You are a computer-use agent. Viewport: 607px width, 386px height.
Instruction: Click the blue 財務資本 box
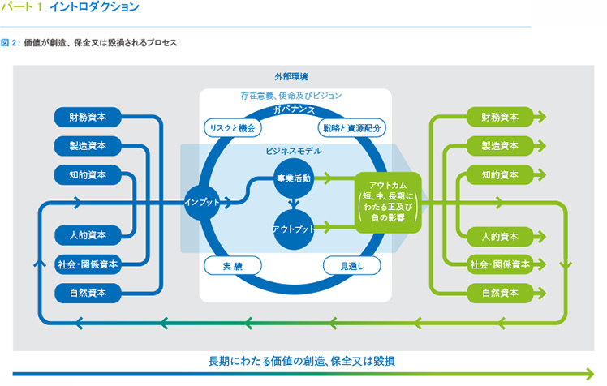89,117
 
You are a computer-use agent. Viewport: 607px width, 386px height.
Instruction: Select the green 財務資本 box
500,117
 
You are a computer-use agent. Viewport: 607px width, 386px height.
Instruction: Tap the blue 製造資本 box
89,146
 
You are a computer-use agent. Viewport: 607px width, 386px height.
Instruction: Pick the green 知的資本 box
500,175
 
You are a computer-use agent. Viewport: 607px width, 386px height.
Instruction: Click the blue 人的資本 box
89,236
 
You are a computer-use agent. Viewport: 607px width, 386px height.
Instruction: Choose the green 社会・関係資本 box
500,264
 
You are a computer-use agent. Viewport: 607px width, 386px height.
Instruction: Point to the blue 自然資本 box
89,291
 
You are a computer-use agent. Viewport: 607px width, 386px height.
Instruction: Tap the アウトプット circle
293,229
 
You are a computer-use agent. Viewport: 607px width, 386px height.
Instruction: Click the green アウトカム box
386,201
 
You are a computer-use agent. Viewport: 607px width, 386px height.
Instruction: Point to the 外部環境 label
291,76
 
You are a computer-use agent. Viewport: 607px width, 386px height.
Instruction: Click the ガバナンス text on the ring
295,109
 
